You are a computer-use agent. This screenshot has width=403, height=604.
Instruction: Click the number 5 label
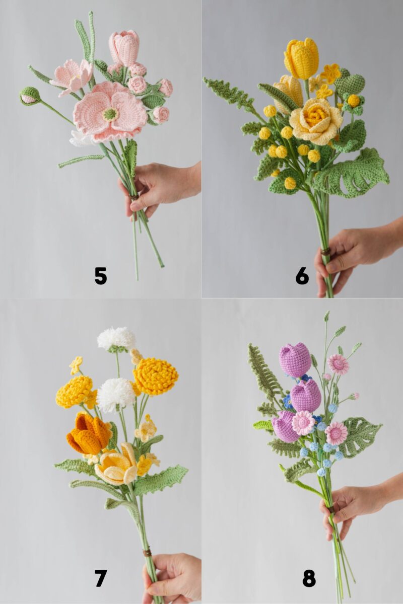click(x=101, y=276)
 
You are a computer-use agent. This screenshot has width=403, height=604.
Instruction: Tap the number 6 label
click(x=302, y=276)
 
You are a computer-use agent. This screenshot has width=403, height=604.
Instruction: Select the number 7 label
click(x=101, y=578)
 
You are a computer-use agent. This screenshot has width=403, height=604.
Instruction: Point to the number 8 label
click(x=309, y=578)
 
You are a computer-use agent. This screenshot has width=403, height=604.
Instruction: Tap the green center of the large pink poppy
click(x=110, y=114)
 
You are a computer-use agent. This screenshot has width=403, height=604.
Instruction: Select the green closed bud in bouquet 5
click(x=30, y=96)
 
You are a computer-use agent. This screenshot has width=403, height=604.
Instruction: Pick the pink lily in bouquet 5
click(x=72, y=75)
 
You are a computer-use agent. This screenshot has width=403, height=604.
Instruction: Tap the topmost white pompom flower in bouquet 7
click(x=116, y=338)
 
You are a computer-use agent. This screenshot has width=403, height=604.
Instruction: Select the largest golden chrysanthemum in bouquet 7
click(x=156, y=376)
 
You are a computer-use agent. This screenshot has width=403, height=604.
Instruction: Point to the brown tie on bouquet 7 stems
click(x=147, y=553)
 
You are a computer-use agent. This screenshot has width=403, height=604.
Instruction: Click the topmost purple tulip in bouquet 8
click(x=295, y=359)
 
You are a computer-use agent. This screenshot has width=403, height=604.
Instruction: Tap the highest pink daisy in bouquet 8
click(x=338, y=364)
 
